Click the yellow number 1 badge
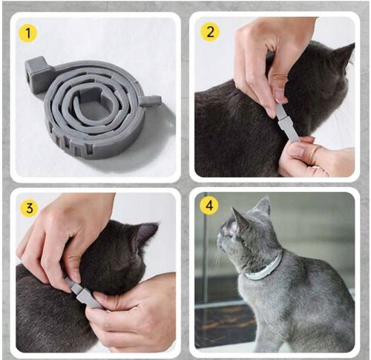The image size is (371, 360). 28,33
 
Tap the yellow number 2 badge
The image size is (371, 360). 210,32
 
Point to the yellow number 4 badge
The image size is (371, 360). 209,205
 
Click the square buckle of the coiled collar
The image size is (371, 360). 36,71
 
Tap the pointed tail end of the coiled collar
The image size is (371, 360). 151,99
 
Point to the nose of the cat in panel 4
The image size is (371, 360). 218,238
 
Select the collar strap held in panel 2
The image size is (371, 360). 287,122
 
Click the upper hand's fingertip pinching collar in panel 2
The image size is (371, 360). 280,97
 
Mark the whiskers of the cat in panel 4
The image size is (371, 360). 218,258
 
